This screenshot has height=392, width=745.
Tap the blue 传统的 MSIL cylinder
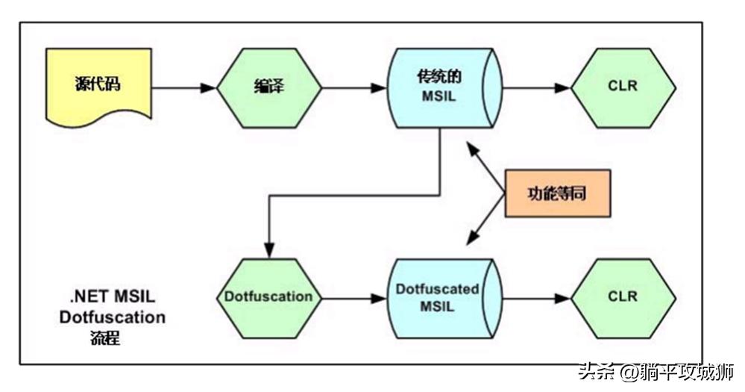440,87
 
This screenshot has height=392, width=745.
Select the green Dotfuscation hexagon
268,296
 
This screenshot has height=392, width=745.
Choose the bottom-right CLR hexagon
623,296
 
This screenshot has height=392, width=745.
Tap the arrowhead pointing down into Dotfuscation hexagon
268,251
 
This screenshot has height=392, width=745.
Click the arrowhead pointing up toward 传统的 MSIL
470,146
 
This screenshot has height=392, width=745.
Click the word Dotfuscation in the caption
113,317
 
